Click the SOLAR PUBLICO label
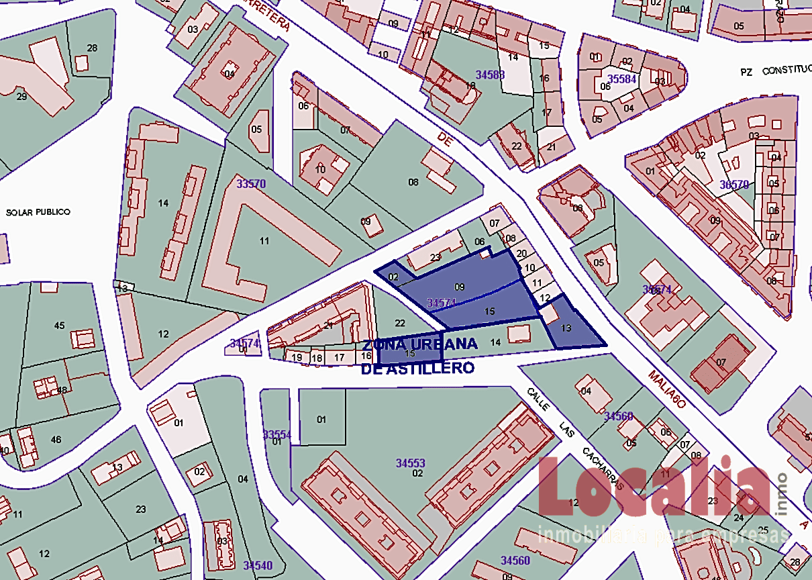(38, 212)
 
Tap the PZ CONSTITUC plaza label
(775, 70)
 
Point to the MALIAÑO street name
(668, 389)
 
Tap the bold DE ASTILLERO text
(417, 369)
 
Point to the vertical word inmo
(781, 493)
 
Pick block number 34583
(490, 75)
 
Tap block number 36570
(734, 184)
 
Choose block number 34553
(410, 463)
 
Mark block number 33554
(277, 434)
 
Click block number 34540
(258, 566)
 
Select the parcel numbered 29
(21, 97)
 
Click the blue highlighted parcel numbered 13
(566, 328)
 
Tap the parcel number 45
(59, 326)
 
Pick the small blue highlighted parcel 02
(394, 277)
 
